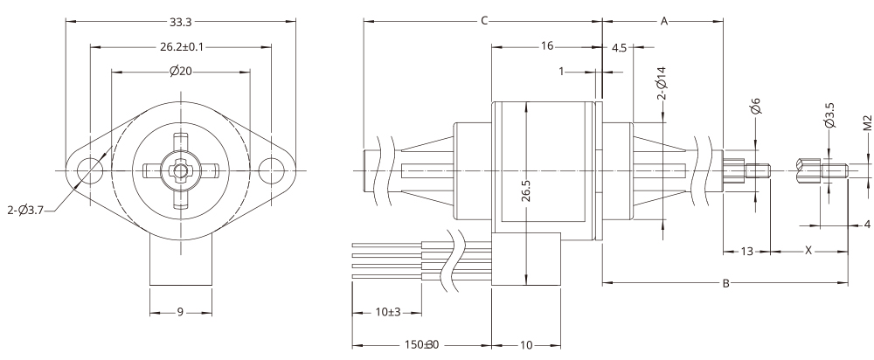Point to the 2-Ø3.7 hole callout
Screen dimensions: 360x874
click(x=28, y=210)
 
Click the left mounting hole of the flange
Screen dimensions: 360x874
click(x=88, y=169)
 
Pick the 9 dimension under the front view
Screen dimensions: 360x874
click(x=180, y=312)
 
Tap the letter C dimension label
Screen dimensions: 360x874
click(x=483, y=21)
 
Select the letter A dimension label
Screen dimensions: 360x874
click(x=663, y=21)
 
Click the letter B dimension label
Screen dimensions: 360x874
click(x=725, y=283)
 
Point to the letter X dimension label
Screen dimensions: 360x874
click(x=808, y=251)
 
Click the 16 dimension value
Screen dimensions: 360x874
click(x=546, y=46)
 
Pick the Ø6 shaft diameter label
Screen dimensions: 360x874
click(x=756, y=108)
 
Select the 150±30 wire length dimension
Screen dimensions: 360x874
click(x=420, y=345)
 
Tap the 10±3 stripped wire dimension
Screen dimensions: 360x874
click(x=386, y=312)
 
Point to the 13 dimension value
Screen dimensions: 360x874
click(x=746, y=251)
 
